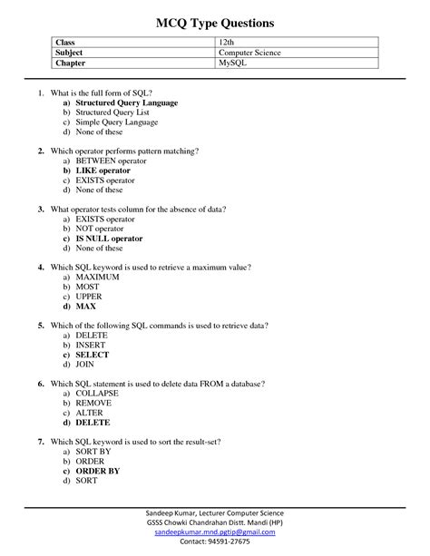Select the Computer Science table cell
(x=249, y=54)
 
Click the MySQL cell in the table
(x=232, y=64)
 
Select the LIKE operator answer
(x=103, y=171)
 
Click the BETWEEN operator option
(x=111, y=161)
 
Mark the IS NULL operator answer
(x=109, y=239)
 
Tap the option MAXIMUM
(x=98, y=277)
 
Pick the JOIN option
(x=86, y=365)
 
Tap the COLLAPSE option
(x=97, y=394)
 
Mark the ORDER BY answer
(x=98, y=471)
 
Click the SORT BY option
(x=93, y=452)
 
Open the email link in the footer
(x=215, y=533)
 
